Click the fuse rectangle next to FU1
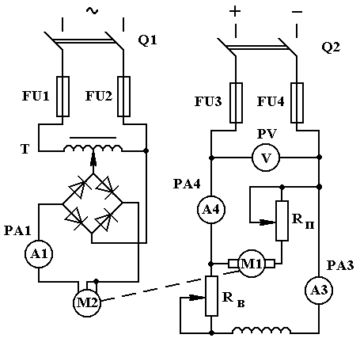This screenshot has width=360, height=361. pyautogui.click(x=63, y=97)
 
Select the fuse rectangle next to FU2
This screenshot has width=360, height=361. pyautogui.click(x=123, y=97)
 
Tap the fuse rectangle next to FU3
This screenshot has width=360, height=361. pyautogui.click(x=236, y=103)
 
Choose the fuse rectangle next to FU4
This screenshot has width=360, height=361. pyautogui.click(x=297, y=103)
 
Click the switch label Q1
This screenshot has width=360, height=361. pyautogui.click(x=147, y=40)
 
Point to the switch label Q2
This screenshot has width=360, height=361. pyautogui.click(x=331, y=47)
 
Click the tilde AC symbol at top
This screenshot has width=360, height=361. pyautogui.click(x=92, y=11)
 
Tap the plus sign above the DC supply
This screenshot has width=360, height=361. pyautogui.click(x=235, y=12)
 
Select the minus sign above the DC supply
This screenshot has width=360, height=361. pyautogui.click(x=297, y=12)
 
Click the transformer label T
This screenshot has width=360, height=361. pyautogui.click(x=25, y=149)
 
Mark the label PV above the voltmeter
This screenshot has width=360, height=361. pyautogui.click(x=267, y=134)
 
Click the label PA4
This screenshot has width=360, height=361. pyautogui.click(x=187, y=184)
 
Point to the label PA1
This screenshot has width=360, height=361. pyautogui.click(x=17, y=230)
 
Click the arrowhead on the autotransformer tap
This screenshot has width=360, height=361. pyautogui.click(x=93, y=161)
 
